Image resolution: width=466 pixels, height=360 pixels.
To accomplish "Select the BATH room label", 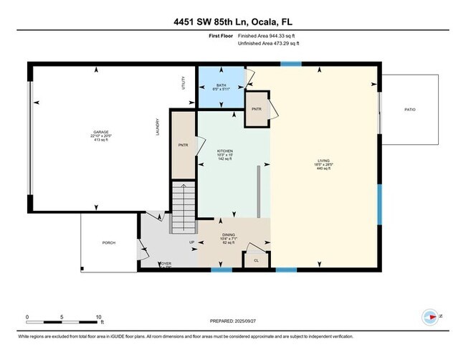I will click(x=221, y=85).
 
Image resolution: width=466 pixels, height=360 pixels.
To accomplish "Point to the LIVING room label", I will click(x=325, y=161).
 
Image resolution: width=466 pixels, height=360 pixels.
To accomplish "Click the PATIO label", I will click(x=410, y=109).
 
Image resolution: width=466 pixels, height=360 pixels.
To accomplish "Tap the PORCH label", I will click(x=110, y=242).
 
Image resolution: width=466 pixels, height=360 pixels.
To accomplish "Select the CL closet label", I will click(x=256, y=260).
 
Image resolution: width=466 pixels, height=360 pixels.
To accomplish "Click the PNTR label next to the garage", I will click(x=183, y=146).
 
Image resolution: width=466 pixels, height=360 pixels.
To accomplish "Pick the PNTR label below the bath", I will click(x=256, y=108).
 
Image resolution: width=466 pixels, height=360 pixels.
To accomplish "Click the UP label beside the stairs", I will click(x=191, y=242).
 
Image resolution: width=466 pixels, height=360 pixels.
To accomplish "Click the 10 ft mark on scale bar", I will click(x=100, y=316).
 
